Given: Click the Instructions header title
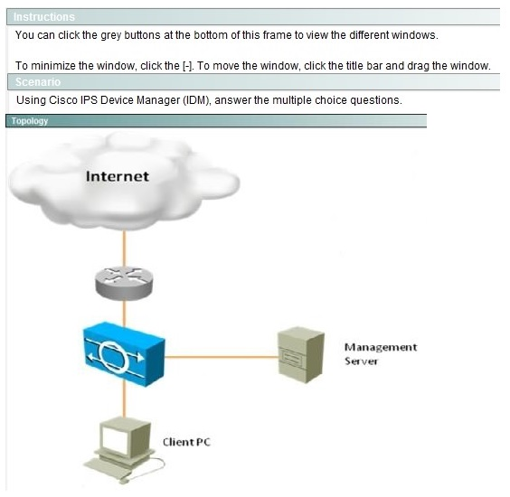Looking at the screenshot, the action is [x=44, y=17].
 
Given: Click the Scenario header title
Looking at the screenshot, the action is [x=38, y=82].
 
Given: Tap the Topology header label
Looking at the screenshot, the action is [x=30, y=121].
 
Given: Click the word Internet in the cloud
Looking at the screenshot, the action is [x=118, y=176].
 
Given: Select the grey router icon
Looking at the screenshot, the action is [x=124, y=283].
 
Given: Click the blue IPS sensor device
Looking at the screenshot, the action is [x=124, y=353].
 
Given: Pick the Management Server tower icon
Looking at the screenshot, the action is [x=301, y=354].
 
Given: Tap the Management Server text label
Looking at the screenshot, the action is [x=381, y=354].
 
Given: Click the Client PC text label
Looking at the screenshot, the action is [x=186, y=442].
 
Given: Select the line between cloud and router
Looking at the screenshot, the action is [x=124, y=248].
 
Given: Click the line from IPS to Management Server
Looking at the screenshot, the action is [x=222, y=357].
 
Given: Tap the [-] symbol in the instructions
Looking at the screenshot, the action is [x=188, y=66].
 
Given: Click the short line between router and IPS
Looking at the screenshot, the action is [x=124, y=314].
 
